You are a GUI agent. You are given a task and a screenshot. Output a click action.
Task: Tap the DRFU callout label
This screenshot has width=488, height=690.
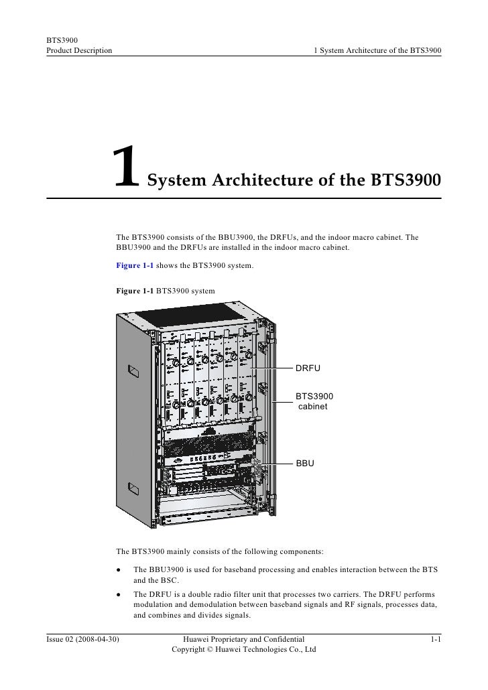309,368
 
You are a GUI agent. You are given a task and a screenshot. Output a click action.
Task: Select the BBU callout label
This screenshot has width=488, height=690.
306,463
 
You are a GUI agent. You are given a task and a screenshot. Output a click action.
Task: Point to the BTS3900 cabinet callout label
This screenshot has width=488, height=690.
314,401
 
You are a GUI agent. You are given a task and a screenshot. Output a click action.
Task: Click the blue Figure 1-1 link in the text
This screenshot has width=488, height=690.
135,266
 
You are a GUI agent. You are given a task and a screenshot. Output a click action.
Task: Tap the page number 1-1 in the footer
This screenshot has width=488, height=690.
435,640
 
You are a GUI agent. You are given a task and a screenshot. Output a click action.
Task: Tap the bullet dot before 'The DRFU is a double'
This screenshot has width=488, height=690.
118,595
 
